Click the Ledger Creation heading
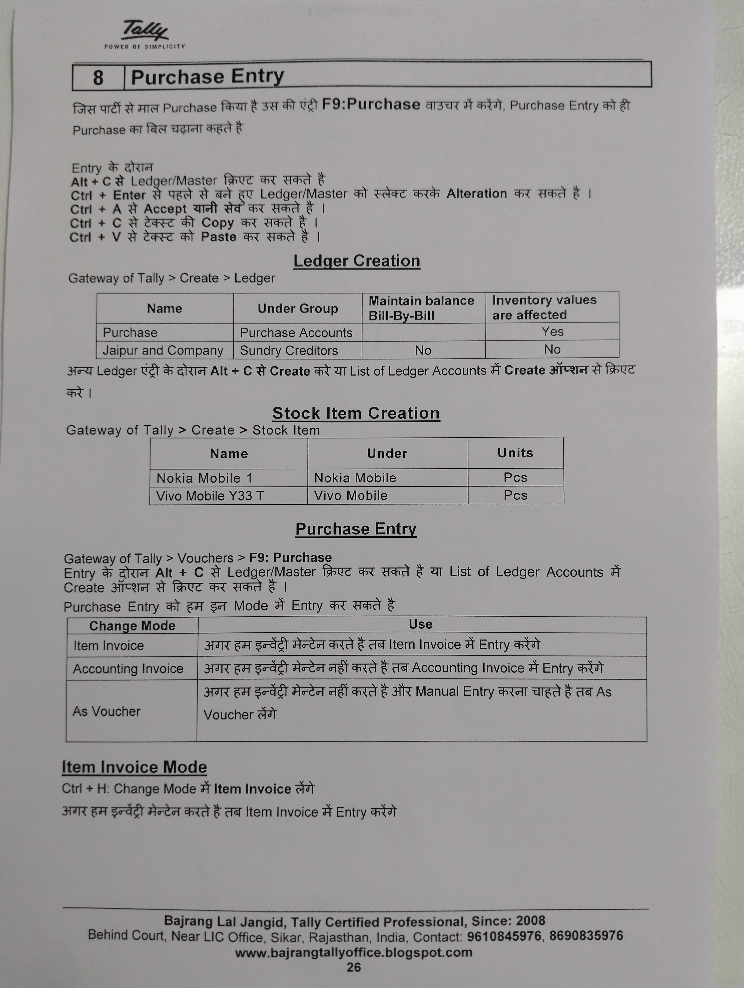[x=356, y=261]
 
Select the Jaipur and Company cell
[x=163, y=350]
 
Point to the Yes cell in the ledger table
[x=552, y=331]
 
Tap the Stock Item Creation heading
[x=356, y=413]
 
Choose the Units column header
[x=515, y=453]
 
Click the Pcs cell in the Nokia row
[x=515, y=478]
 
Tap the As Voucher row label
[x=107, y=711]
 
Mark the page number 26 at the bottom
[x=354, y=967]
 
